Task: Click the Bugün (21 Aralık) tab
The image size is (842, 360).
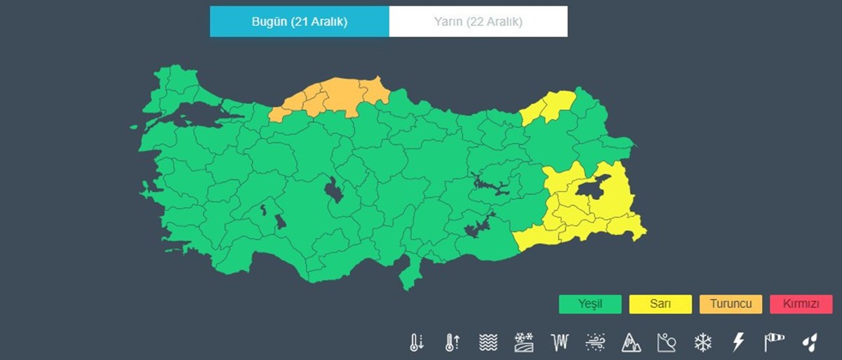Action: [300, 21]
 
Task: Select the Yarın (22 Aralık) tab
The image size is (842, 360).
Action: [478, 21]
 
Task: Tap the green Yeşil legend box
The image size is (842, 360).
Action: [590, 304]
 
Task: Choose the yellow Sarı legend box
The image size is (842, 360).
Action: [660, 304]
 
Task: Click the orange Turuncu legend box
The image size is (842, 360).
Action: [730, 304]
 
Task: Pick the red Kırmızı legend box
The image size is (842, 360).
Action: [801, 304]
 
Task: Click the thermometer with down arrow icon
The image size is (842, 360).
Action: [416, 342]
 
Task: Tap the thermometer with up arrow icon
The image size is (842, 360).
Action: [452, 342]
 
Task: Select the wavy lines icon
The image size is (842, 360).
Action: [488, 342]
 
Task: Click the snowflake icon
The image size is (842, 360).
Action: [702, 342]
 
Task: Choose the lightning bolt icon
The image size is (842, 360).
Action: [737, 342]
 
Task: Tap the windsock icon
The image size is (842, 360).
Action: [773, 342]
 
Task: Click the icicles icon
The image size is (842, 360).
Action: [559, 342]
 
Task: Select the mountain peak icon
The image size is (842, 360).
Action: [631, 342]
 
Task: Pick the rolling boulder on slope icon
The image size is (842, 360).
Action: [667, 342]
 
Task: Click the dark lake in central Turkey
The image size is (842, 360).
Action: [333, 189]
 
